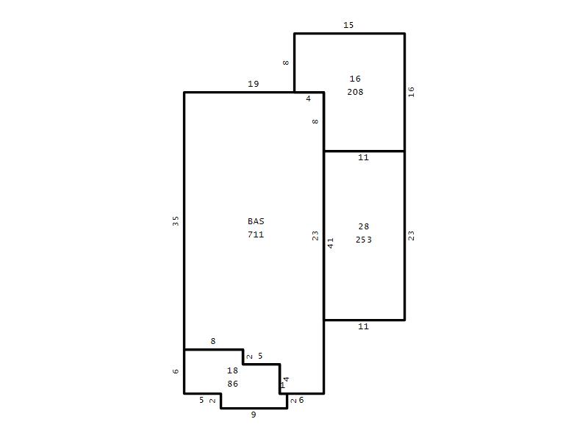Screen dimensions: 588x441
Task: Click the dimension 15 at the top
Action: [x=348, y=25]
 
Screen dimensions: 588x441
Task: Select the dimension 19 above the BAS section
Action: [x=254, y=84]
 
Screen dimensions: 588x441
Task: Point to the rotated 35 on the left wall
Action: [x=176, y=221]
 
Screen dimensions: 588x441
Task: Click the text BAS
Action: [x=256, y=221]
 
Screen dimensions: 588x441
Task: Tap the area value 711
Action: [x=256, y=234]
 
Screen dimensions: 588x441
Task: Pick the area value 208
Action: [x=355, y=92]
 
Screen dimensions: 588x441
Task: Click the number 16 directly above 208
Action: [x=355, y=79]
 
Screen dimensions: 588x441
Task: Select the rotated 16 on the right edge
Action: [x=411, y=92]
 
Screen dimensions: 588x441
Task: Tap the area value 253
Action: [x=364, y=240]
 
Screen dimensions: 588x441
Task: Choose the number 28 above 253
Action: [x=364, y=226]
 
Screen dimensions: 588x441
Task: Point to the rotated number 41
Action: [x=330, y=243]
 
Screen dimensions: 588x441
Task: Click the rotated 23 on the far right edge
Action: [x=411, y=235]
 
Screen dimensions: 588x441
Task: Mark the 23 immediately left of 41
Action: [x=315, y=235]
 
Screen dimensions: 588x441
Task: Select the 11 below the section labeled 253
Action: [x=363, y=326]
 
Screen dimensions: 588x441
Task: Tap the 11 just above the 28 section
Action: [x=363, y=157]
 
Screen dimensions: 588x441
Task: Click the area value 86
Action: [x=232, y=384]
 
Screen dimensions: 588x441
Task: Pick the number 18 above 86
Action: [x=232, y=370]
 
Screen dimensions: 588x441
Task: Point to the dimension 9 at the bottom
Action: [x=254, y=415]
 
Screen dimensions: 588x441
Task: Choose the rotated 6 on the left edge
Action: [x=176, y=371]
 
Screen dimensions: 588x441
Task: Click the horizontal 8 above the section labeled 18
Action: [x=213, y=341]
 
